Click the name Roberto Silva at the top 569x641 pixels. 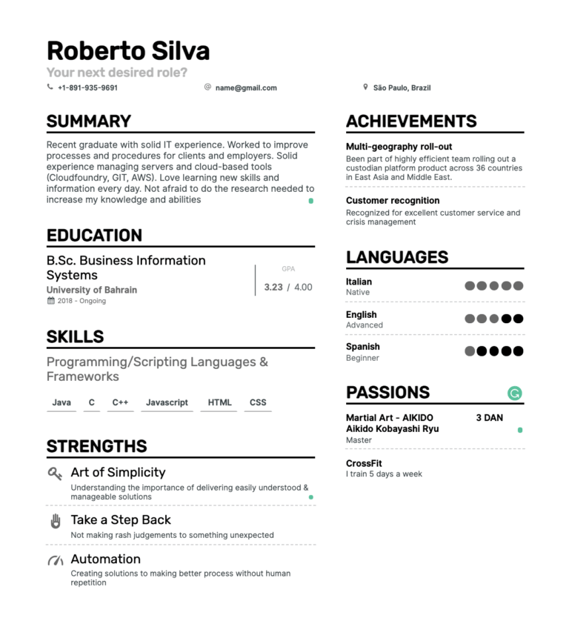[x=128, y=50]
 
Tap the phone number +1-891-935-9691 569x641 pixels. [x=87, y=87]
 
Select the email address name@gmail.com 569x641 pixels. [x=246, y=87]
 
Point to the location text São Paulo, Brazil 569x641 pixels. [x=402, y=87]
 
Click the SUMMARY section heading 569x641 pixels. [x=89, y=122]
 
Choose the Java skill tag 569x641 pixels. [x=61, y=402]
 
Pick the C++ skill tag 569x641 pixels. [x=120, y=402]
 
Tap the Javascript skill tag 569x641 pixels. [x=167, y=402]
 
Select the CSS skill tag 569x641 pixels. [x=258, y=402]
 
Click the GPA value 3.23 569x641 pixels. [x=273, y=287]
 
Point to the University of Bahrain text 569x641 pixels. [x=92, y=290]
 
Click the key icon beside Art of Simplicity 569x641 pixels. [x=55, y=474]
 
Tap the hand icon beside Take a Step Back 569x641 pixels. [x=56, y=521]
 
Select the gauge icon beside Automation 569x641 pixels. [x=56, y=560]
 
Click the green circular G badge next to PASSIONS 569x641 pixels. [x=515, y=393]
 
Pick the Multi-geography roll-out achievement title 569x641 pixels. [x=399, y=147]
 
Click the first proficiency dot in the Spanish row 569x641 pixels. [x=470, y=351]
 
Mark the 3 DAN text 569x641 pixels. [x=489, y=418]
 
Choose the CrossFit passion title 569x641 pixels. [x=364, y=463]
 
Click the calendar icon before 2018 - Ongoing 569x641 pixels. [x=50, y=301]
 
